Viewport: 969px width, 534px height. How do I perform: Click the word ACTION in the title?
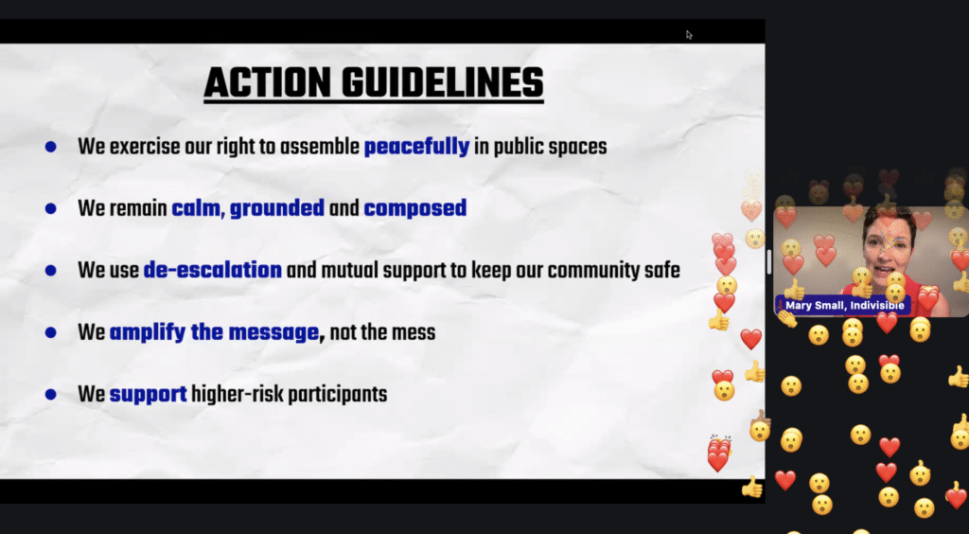pos(268,82)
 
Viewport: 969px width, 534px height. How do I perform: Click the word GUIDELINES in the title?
pos(443,82)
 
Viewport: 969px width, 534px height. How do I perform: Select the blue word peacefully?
pos(416,147)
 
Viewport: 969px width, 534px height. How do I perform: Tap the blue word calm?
pos(196,208)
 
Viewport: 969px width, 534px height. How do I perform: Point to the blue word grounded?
pos(277,209)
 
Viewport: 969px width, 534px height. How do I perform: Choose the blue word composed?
pos(415,209)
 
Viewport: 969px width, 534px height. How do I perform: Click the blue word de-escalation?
pos(213,270)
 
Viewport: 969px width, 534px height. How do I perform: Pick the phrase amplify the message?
pos(215,332)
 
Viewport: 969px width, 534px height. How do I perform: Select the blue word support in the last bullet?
pos(149,395)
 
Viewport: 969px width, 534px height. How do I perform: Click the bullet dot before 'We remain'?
pos(51,209)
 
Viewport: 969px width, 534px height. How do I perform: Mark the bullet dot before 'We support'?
pos(51,394)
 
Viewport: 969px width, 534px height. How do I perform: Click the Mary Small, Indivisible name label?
pos(843,305)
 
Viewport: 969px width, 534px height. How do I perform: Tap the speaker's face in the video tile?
pos(889,243)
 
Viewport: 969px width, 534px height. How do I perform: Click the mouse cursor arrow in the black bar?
pos(689,35)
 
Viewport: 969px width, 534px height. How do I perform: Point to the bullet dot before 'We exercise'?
pos(51,147)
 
